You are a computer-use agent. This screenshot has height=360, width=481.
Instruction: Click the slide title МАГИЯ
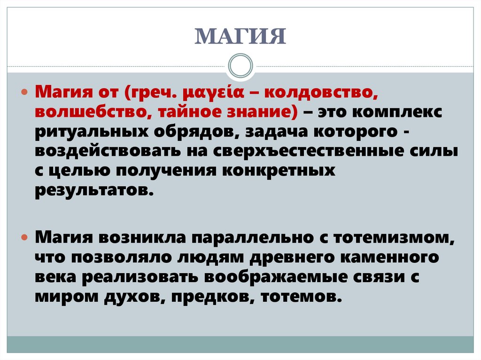tap(240, 37)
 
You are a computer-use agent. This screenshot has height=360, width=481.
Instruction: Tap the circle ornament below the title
tap(240, 66)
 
